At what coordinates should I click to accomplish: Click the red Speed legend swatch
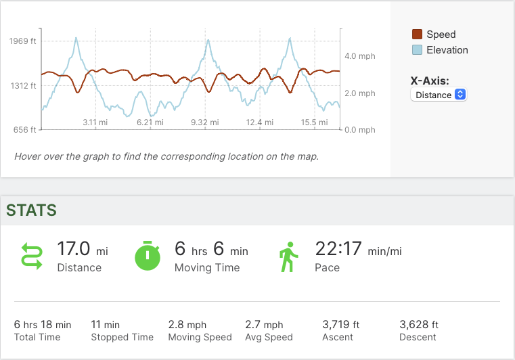click(x=417, y=35)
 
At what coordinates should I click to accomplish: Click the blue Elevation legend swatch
click(x=417, y=50)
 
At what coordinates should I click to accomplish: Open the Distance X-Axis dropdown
click(x=439, y=95)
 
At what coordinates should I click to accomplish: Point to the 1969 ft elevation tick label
click(x=23, y=41)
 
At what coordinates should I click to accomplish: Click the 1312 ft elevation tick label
click(x=23, y=86)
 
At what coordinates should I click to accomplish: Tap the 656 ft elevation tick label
click(x=25, y=130)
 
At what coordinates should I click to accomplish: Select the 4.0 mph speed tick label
click(x=359, y=56)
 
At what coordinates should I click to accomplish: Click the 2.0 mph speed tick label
click(x=359, y=93)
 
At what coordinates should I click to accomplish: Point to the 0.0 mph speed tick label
click(x=359, y=130)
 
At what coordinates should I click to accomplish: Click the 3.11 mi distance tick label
click(x=95, y=122)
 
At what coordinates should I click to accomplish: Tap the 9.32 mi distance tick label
click(x=204, y=122)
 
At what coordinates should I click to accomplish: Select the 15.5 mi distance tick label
click(x=314, y=122)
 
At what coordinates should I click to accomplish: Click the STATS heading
click(x=31, y=210)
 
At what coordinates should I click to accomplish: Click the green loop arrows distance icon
click(x=32, y=256)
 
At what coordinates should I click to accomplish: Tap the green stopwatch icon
click(x=148, y=256)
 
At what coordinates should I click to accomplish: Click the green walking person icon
click(x=289, y=256)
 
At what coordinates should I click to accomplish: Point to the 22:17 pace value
click(x=338, y=249)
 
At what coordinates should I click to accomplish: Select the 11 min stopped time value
click(x=106, y=325)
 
